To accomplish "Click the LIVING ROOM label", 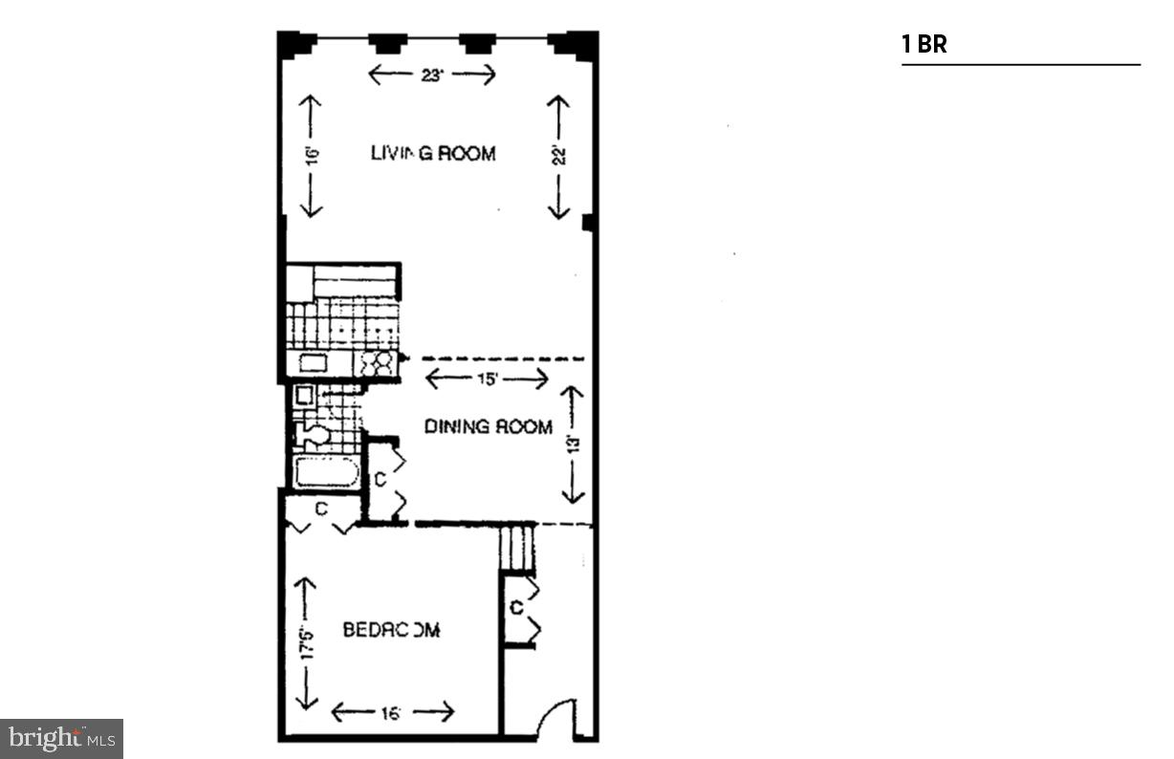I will [433, 153].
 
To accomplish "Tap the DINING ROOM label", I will [488, 427].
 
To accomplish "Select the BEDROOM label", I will [391, 630].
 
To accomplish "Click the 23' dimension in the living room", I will [432, 76].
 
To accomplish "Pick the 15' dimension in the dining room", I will [487, 379].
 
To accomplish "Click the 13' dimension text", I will [573, 445].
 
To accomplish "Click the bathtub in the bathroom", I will [326, 473].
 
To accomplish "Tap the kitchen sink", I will [314, 363].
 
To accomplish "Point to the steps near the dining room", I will [515, 548].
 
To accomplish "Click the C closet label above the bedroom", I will [321, 510].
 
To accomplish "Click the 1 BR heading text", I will [924, 44].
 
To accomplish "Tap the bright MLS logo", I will [61, 738].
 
